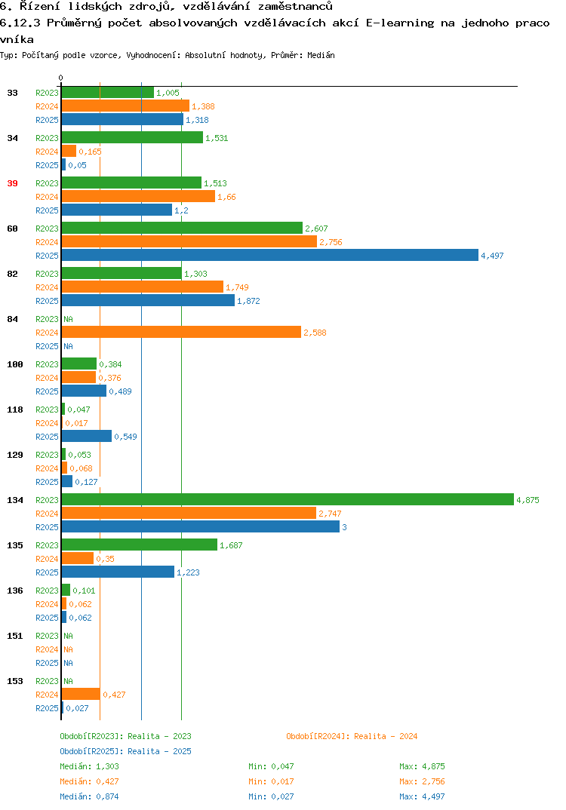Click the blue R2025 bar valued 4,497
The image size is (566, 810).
270,255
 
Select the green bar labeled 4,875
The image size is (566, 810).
288,499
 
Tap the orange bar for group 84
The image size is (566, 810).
181,332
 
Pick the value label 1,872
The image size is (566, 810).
248,301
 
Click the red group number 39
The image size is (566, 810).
12,183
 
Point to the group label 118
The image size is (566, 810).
15,410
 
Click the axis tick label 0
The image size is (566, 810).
60,78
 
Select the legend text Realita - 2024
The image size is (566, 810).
386,736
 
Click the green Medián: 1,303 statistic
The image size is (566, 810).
89,766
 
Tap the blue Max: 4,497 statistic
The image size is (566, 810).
422,796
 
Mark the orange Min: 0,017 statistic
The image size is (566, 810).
271,781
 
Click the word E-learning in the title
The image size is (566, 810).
400,23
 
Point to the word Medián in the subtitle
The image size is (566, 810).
321,55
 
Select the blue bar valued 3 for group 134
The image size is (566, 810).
201,527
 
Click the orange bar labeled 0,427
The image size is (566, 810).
81,695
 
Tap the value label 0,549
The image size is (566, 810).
125,437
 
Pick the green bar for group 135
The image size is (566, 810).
140,545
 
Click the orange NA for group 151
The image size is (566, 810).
68,649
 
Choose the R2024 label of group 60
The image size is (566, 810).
47,242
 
